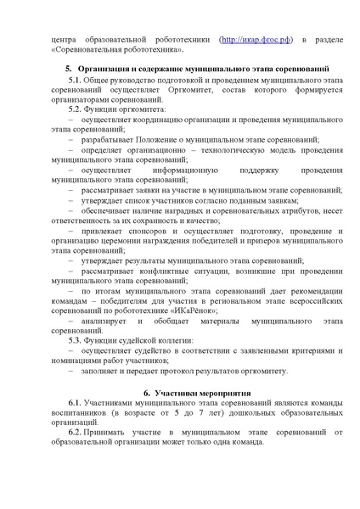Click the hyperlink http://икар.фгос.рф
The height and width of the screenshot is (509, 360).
259,39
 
